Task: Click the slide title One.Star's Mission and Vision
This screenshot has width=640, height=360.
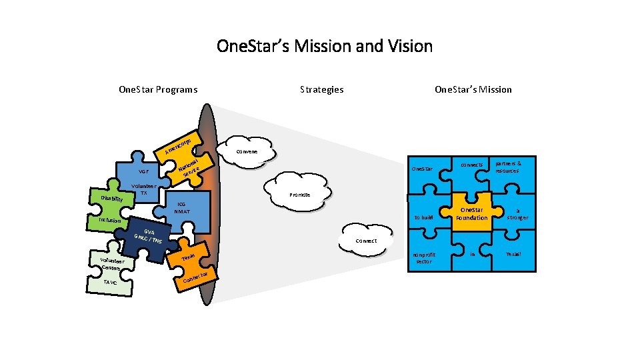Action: coord(325,46)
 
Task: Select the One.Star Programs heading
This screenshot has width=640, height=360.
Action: coord(157,89)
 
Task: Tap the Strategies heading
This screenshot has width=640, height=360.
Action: coord(321,89)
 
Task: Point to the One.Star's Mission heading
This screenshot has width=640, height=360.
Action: coord(473,89)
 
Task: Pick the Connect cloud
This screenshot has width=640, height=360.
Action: coord(366,241)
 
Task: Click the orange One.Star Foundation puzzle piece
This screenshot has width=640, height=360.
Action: coord(471,213)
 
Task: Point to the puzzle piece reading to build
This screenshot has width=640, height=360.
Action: coord(423,217)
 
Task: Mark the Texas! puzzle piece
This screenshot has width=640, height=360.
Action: coord(514,254)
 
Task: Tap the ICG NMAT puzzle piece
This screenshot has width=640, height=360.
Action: coord(182,207)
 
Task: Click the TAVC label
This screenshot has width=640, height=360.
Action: coord(110,282)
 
